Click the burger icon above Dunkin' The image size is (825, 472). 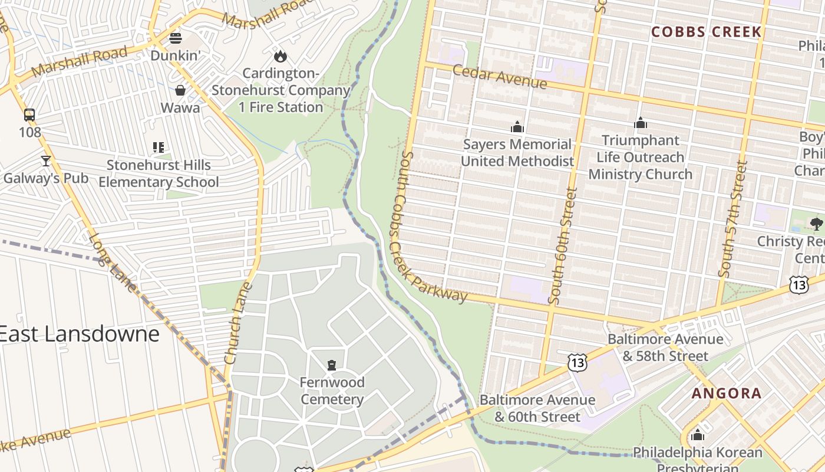coord(176,39)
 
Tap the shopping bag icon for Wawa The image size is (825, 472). coord(180,90)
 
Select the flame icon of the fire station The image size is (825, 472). coord(280,56)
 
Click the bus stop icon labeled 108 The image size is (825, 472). coord(29,114)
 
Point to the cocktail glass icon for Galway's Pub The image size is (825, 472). coord(45,160)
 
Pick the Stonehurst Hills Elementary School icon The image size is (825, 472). coord(158,147)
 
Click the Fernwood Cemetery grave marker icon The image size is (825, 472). coord(332,365)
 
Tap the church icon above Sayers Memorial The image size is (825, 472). coord(517,127)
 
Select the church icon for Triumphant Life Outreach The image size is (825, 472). coord(640,123)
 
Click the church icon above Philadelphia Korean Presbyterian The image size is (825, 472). coord(697,435)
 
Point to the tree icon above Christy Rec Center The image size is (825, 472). coord(816,224)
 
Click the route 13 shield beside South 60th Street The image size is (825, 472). coord(577,362)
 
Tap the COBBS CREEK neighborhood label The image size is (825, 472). coord(706,32)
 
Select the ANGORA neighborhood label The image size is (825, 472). coord(727,393)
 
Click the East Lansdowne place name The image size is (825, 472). coord(79,334)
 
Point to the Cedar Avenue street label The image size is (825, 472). coord(500,77)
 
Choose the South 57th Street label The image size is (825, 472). coord(733,219)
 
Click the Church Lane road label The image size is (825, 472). coord(239,323)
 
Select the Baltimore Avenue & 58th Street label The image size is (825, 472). coord(665,348)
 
